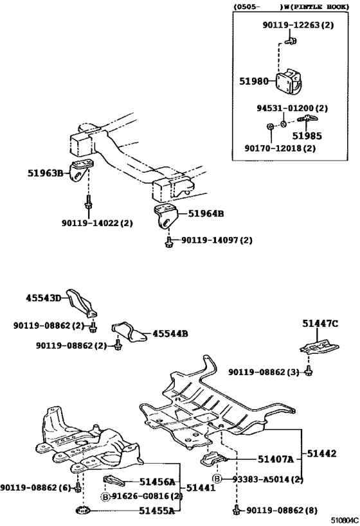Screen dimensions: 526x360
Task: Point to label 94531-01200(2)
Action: (289, 108)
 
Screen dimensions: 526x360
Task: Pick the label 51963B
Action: (45, 173)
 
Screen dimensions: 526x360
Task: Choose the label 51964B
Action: (206, 214)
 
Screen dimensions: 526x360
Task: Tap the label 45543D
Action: (43, 298)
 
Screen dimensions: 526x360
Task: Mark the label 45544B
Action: (170, 334)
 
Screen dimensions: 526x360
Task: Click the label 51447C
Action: (321, 324)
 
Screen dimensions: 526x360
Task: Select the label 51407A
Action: (276, 459)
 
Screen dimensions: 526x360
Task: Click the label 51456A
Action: (158, 482)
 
